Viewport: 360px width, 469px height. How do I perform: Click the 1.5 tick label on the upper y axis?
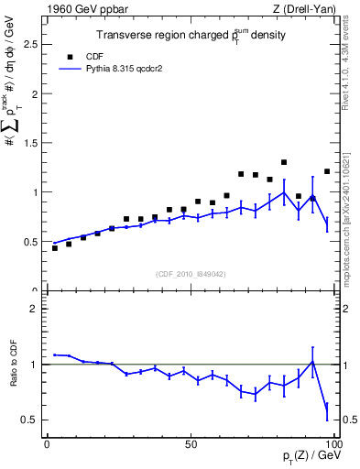29,143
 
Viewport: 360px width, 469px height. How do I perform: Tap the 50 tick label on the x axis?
191,444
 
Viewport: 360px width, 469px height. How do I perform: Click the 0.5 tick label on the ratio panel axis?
29,420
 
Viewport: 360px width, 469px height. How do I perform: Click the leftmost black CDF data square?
55,248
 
